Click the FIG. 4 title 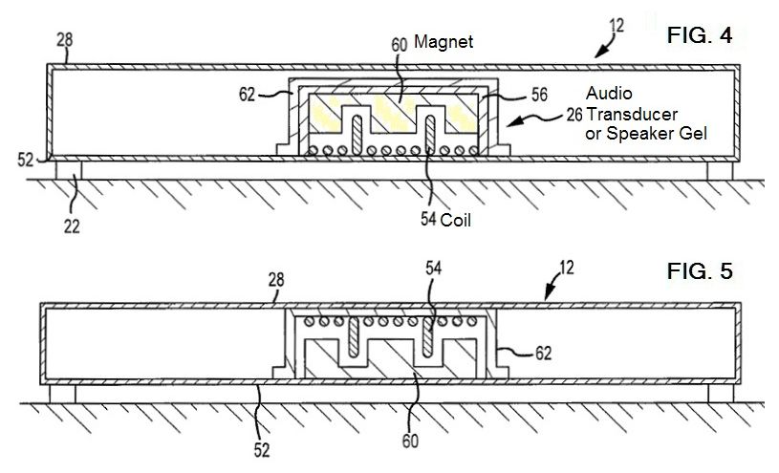[x=700, y=38]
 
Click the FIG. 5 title [x=700, y=271]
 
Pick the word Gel [x=691, y=136]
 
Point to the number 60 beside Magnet [x=400, y=43]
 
